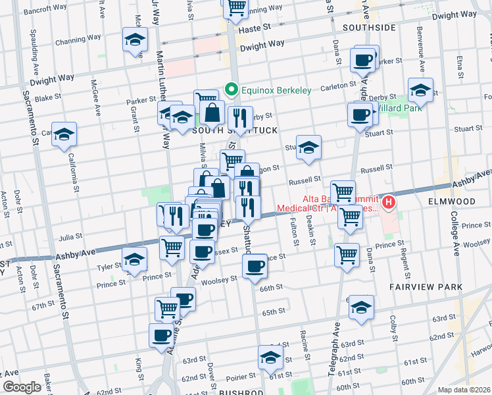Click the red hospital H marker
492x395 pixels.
(389, 202)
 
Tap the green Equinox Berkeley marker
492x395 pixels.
(231, 89)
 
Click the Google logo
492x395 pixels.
(22, 387)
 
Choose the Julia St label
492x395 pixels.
(70, 236)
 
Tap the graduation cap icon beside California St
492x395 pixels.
(64, 134)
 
